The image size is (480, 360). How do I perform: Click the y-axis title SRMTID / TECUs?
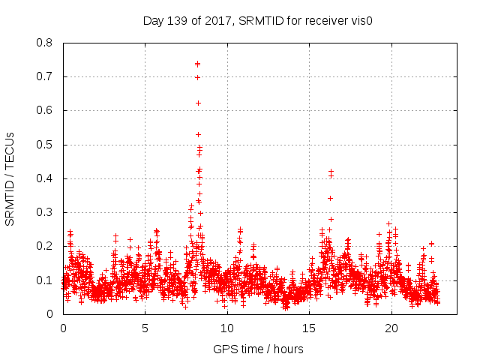pos(10,178)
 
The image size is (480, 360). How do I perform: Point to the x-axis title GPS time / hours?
pos(258,349)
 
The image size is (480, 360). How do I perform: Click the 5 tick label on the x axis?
pos(145,328)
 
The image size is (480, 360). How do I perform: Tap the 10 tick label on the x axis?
pos(227,328)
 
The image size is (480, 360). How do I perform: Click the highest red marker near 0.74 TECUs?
pos(197,64)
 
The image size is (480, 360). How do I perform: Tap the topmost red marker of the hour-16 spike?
pos(331,172)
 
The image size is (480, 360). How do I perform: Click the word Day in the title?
pos(153,21)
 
